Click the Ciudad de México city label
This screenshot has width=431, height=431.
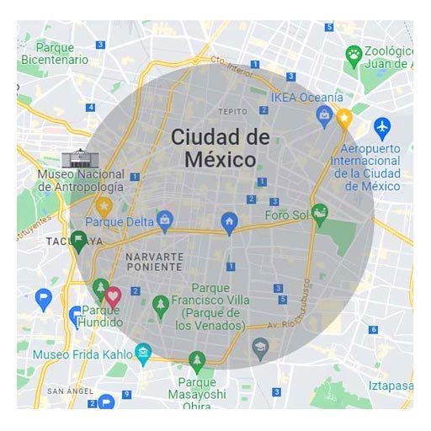[x=220, y=147]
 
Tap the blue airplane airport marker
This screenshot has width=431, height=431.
[x=382, y=127]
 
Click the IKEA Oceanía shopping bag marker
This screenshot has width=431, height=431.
[x=324, y=116]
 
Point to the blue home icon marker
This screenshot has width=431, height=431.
[x=228, y=221]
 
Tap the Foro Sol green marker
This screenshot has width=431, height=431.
[x=319, y=212]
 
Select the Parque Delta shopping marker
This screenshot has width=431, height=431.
[x=165, y=221]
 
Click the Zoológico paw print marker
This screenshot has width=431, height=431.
[x=354, y=56]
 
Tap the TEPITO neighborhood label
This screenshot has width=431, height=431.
[x=233, y=111]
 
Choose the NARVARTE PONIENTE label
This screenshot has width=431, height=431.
[x=153, y=261]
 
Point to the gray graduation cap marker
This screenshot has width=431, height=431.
[x=261, y=346]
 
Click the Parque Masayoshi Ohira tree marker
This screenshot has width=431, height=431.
[x=197, y=360]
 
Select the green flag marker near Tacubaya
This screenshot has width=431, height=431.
[x=78, y=242]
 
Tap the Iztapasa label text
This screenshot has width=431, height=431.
[x=388, y=386]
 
